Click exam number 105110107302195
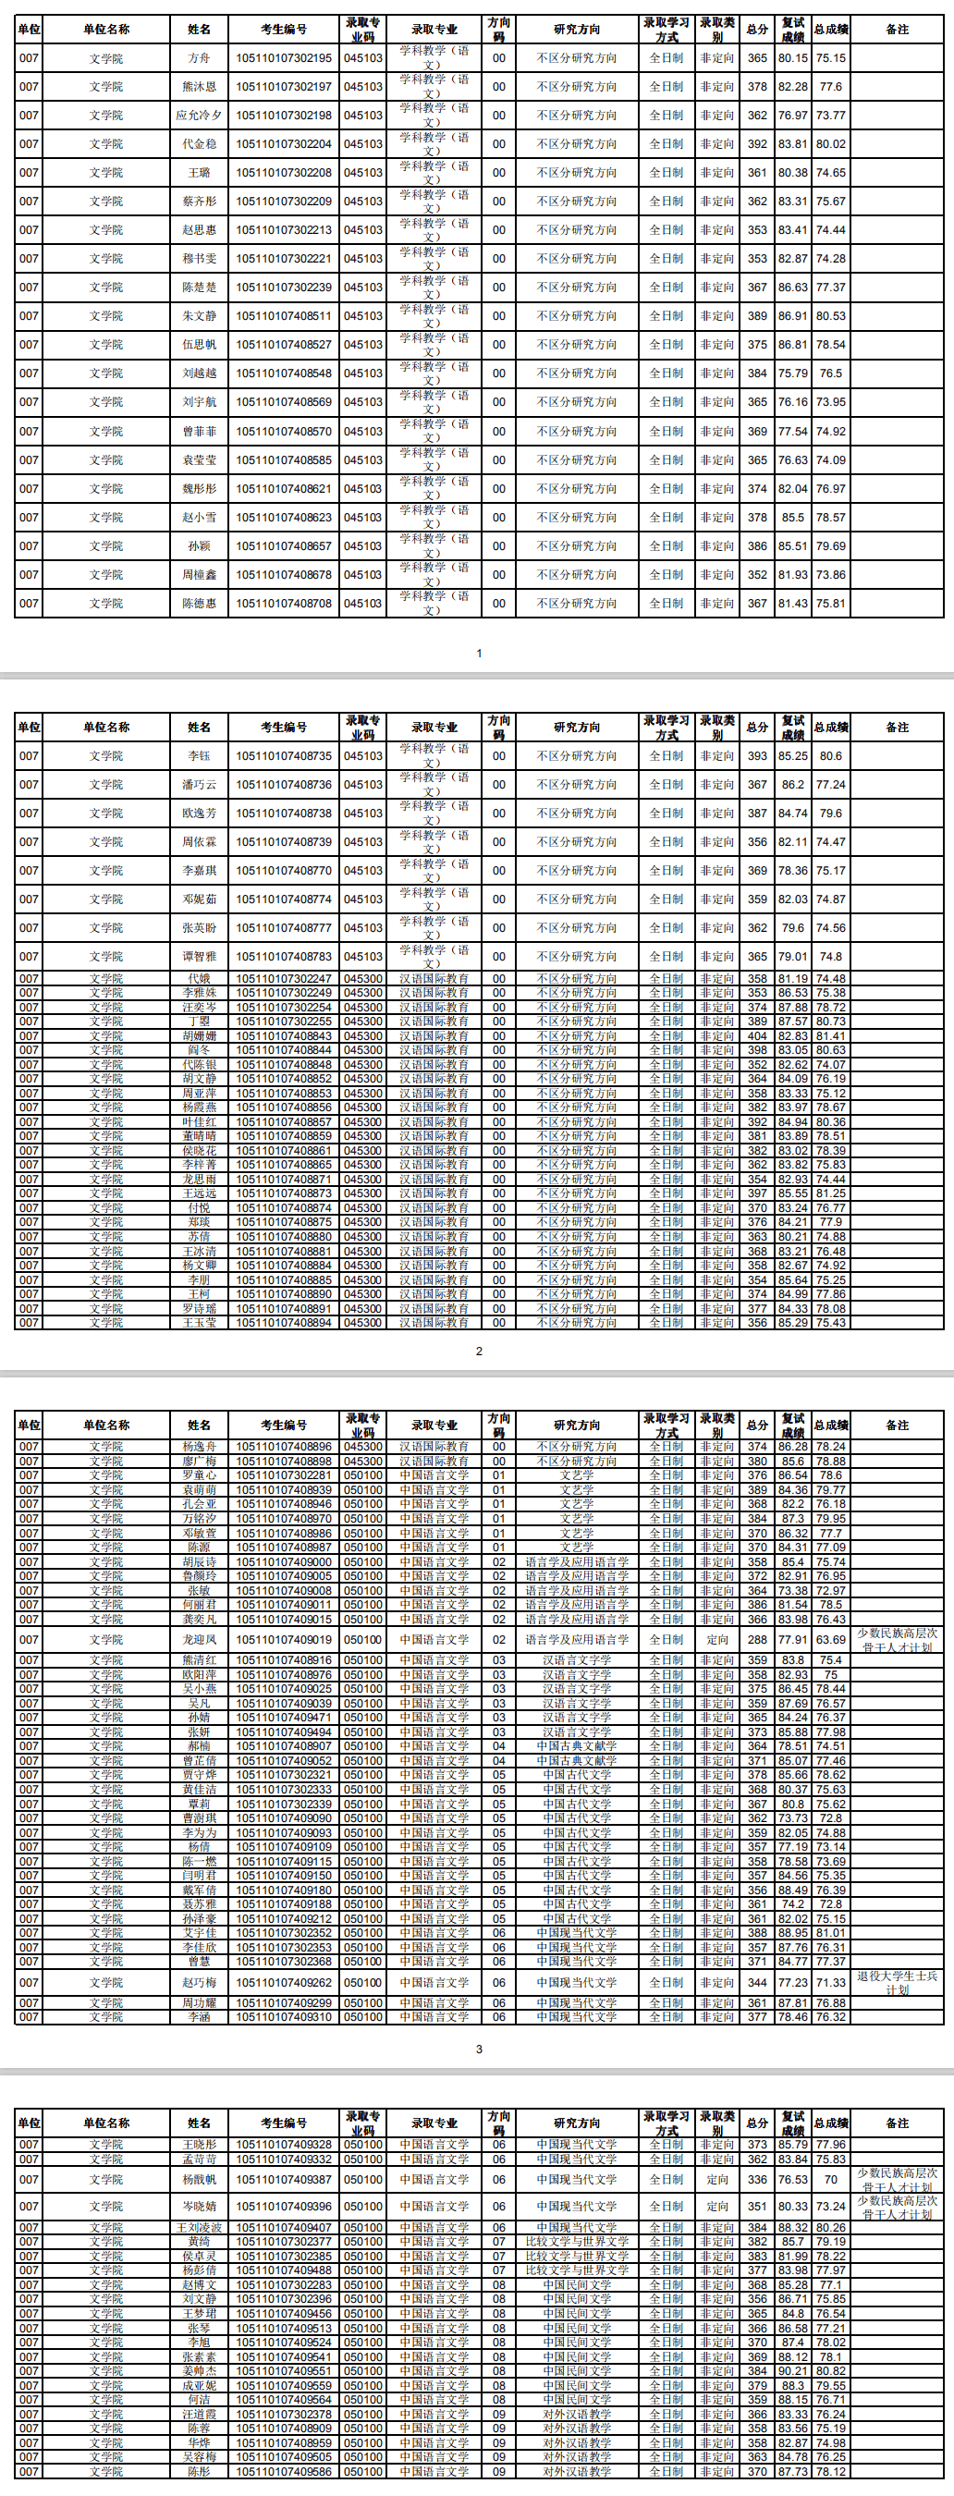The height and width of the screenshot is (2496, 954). tap(283, 58)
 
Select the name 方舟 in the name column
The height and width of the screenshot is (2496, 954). tap(199, 58)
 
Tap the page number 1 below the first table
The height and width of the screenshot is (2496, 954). tap(479, 653)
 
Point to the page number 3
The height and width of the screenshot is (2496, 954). tap(479, 2049)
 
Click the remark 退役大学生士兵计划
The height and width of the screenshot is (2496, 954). tap(897, 1982)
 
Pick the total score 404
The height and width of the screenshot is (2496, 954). tap(756, 1035)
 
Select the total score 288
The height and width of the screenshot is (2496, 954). tap(756, 1639)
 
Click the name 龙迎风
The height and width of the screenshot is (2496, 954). tap(199, 1639)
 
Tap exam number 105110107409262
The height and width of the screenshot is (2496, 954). tap(283, 1982)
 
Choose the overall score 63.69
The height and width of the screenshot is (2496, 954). tap(830, 1639)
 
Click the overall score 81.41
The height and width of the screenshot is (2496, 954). tap(830, 1035)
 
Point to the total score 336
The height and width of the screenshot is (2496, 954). tap(756, 2179)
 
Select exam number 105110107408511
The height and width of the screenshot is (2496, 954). tap(283, 316)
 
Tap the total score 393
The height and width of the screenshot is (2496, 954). tap(756, 756)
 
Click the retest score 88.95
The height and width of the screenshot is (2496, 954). tap(792, 1933)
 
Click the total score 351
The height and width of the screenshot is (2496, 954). tap(756, 2207)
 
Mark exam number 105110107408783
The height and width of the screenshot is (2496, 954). tap(283, 957)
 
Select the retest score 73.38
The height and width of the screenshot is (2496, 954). tap(792, 1590)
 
